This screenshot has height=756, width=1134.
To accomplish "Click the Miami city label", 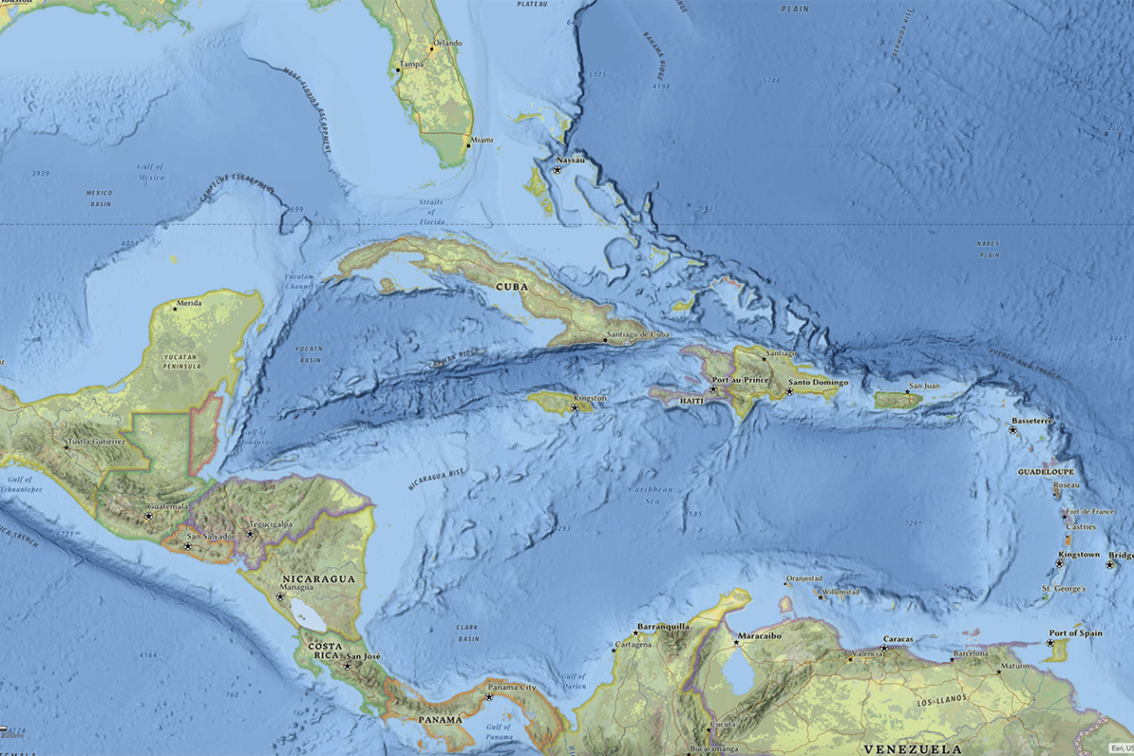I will [482, 140].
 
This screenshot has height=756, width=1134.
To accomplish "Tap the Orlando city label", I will [448, 43].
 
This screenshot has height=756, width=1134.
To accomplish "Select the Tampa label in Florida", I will [412, 65].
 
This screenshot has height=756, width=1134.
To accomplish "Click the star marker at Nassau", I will [558, 170].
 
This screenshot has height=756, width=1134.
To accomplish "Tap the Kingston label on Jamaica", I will [590, 399].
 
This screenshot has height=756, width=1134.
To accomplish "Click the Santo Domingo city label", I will [818, 383].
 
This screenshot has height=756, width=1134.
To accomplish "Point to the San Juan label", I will [923, 387].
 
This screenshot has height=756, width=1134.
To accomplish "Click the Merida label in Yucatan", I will [189, 303].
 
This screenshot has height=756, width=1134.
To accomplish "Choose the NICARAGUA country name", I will [318, 577].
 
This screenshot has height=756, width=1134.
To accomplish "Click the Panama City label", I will [514, 688].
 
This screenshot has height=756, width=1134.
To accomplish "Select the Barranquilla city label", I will [663, 626].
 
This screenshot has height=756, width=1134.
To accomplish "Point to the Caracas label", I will [898, 639].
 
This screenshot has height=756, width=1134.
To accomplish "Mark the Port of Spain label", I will [1075, 633].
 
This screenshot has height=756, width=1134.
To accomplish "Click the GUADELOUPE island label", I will [1045, 471].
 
